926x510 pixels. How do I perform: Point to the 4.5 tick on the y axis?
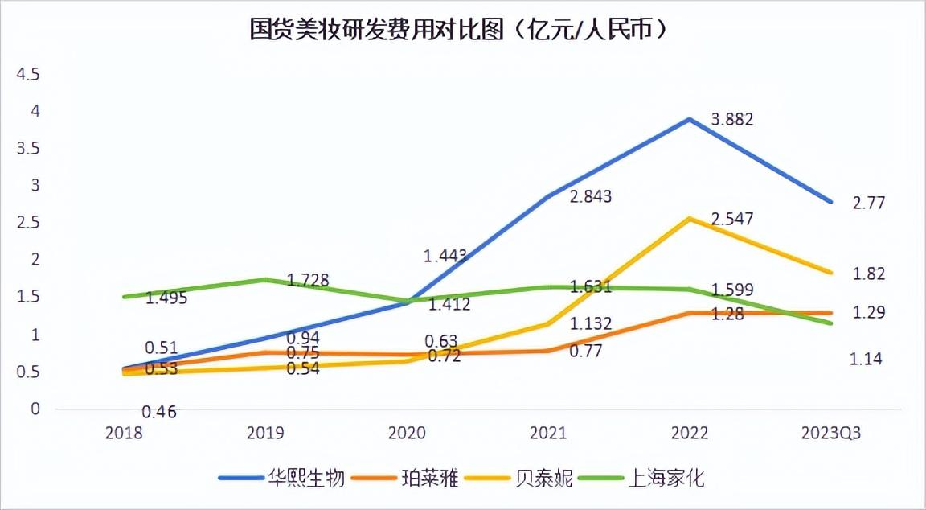[29, 74]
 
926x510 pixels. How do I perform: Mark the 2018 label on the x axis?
[124, 433]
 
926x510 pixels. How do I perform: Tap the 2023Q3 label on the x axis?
[831, 433]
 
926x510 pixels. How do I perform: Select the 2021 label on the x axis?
[548, 433]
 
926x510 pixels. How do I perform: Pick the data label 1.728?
[308, 280]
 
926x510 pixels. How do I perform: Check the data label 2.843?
[591, 196]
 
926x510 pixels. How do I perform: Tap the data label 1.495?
[166, 298]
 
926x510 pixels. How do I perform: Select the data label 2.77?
[869, 203]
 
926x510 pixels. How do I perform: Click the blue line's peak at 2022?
[689, 119]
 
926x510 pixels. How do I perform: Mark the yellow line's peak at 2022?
[689, 218]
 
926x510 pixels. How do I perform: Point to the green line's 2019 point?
[265, 280]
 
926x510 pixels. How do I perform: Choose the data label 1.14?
[866, 360]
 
